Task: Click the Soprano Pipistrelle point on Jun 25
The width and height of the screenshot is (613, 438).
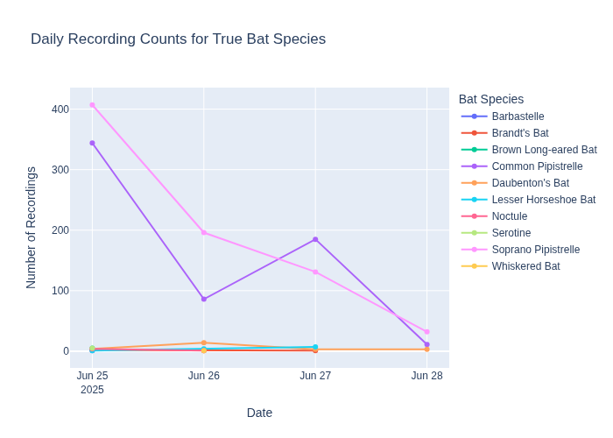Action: tap(92, 105)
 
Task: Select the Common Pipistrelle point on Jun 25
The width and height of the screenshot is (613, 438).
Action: tap(92, 143)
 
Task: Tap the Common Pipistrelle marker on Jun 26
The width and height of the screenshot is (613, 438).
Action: tap(204, 299)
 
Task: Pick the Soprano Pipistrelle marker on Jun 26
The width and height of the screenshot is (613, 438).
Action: tap(204, 232)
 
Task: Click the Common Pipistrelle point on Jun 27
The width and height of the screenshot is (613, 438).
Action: tap(315, 239)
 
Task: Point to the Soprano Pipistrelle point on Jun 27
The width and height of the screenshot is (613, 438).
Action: tap(315, 272)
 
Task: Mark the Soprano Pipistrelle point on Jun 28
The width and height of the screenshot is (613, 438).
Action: tap(426, 332)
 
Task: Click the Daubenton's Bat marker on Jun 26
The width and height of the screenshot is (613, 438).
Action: tap(204, 343)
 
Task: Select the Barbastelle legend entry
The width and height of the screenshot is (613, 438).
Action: tap(518, 117)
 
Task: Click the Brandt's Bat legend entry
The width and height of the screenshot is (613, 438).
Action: tap(519, 133)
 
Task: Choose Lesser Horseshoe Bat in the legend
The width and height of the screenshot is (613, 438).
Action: tap(543, 200)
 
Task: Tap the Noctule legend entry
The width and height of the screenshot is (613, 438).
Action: tap(510, 216)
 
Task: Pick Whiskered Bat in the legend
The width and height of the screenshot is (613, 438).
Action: tap(525, 266)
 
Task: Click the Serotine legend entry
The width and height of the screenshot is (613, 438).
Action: tap(511, 233)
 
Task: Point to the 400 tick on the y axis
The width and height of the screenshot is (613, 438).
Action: tap(60, 109)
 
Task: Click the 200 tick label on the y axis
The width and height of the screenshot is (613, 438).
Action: tap(60, 230)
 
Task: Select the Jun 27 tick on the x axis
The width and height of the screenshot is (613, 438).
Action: tap(315, 376)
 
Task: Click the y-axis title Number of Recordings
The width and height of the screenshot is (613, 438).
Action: tap(32, 228)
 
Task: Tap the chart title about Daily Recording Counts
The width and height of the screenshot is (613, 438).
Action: tap(178, 39)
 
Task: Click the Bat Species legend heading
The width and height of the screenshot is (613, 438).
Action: tap(491, 99)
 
